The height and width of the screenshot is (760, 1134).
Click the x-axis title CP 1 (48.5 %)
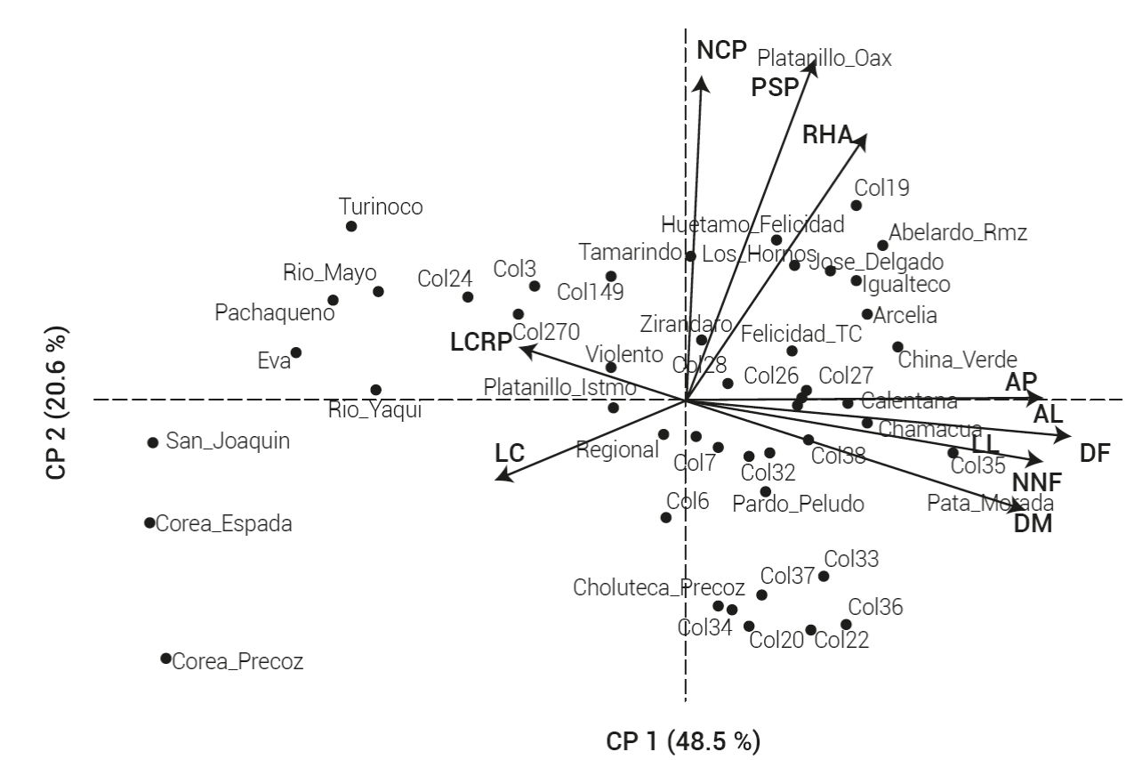(683, 740)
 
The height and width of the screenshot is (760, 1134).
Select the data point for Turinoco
(351, 226)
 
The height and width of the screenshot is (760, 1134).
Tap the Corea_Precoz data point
(165, 659)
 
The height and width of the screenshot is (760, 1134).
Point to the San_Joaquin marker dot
(153, 442)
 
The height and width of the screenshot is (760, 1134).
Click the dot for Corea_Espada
(149, 522)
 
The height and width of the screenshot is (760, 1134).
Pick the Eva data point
(296, 352)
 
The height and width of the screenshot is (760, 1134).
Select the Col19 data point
(857, 206)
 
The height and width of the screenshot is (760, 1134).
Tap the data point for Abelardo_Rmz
(882, 246)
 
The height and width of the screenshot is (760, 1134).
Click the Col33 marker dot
(824, 576)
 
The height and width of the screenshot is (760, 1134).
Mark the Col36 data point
(846, 625)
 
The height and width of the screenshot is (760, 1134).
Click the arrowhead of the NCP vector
(703, 82)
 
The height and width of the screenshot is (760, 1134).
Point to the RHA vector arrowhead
(863, 139)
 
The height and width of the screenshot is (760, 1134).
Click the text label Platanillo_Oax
(824, 59)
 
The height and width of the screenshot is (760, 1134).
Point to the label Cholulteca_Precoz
(659, 587)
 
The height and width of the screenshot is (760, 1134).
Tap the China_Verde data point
(897, 347)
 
